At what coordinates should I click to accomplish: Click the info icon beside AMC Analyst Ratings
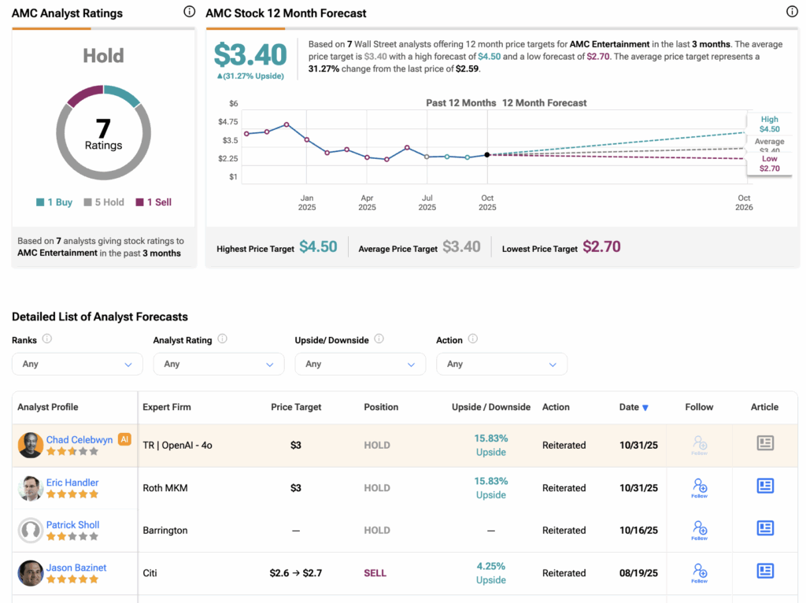click(189, 12)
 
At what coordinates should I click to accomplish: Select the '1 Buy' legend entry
click(54, 202)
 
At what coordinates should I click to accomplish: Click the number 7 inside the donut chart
click(103, 128)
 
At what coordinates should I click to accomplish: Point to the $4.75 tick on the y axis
click(227, 122)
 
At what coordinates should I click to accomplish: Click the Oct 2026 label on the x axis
click(744, 203)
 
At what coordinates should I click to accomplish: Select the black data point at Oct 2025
click(487, 155)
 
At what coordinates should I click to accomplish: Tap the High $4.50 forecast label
click(769, 124)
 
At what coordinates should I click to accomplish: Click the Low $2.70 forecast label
click(769, 164)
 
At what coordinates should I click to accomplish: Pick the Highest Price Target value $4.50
click(318, 247)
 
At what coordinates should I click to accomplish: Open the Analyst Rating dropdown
click(219, 364)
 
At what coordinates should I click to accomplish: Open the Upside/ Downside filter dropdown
click(360, 364)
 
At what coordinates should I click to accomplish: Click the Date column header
click(634, 408)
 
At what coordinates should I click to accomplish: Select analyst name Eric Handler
click(72, 483)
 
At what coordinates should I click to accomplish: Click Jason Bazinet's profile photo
click(31, 573)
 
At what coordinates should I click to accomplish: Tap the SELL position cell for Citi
click(375, 573)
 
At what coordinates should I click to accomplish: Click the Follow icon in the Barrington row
click(700, 530)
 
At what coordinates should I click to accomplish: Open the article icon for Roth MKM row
click(765, 486)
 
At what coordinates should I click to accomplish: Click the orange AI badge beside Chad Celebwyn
click(124, 439)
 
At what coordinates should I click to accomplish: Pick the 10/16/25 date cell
click(638, 531)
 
